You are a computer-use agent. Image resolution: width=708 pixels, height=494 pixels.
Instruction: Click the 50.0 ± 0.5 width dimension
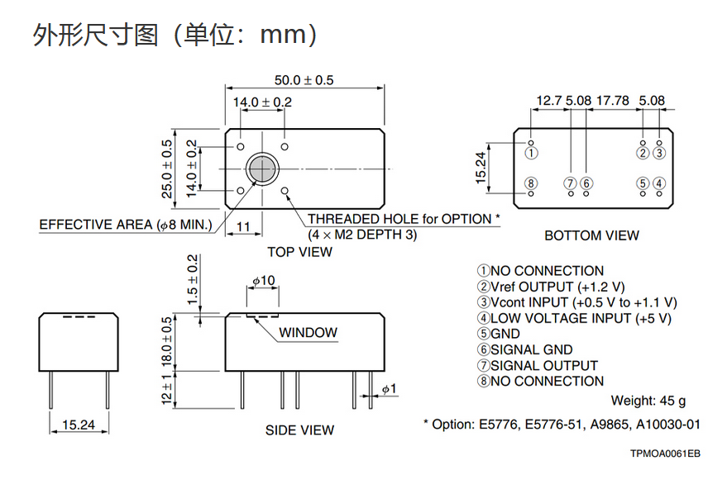point(304,80)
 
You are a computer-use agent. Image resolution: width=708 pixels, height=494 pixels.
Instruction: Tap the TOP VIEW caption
point(299,252)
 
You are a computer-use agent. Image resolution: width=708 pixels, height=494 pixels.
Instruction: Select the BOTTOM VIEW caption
point(591,235)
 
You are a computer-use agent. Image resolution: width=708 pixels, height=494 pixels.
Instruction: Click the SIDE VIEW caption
point(299,430)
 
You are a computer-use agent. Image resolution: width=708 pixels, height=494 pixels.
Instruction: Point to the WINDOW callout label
point(308,333)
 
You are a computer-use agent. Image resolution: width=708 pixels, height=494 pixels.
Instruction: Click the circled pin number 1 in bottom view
point(532,153)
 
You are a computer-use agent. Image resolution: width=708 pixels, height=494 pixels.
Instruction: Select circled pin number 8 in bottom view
point(532,183)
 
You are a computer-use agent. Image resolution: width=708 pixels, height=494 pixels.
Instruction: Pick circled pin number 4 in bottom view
point(658,183)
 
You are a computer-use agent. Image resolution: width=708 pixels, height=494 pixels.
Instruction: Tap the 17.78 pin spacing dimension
point(612,101)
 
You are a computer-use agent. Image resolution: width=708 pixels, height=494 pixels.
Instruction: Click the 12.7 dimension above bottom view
point(549,101)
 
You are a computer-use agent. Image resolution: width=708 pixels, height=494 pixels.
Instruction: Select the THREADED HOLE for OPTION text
point(404,219)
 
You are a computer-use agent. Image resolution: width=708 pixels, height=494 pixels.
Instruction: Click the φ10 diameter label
point(262,281)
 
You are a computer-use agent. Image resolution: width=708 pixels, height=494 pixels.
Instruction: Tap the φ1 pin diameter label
point(389,388)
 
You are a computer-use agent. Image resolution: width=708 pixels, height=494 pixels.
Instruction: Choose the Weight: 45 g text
point(648,401)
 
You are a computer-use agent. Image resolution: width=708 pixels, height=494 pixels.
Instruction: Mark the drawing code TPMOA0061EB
point(664,454)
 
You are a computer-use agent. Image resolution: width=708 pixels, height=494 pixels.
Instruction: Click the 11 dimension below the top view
point(243,226)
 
